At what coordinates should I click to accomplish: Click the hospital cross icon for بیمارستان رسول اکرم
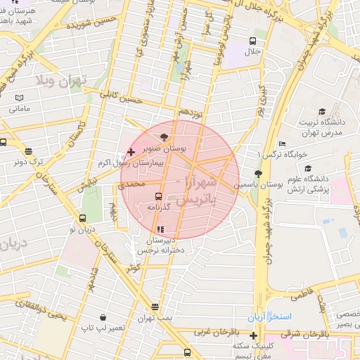[x=131, y=152]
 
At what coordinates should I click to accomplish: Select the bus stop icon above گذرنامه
[x=158, y=196]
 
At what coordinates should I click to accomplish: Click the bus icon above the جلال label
[x=253, y=40]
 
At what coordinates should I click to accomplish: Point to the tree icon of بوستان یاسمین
[x=258, y=173]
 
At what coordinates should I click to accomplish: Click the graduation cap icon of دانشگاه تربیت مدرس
[x=322, y=111]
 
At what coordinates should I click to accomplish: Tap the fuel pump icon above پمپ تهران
[x=155, y=307]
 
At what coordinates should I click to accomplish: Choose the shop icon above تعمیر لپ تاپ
[x=103, y=317]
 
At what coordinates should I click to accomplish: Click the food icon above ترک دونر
[x=28, y=150]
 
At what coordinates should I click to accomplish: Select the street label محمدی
[x=129, y=184]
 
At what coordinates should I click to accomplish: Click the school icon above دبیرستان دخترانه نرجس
[x=160, y=229]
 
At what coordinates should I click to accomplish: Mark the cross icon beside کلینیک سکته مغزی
[x=253, y=335]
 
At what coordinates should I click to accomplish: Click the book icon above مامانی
[x=20, y=98]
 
